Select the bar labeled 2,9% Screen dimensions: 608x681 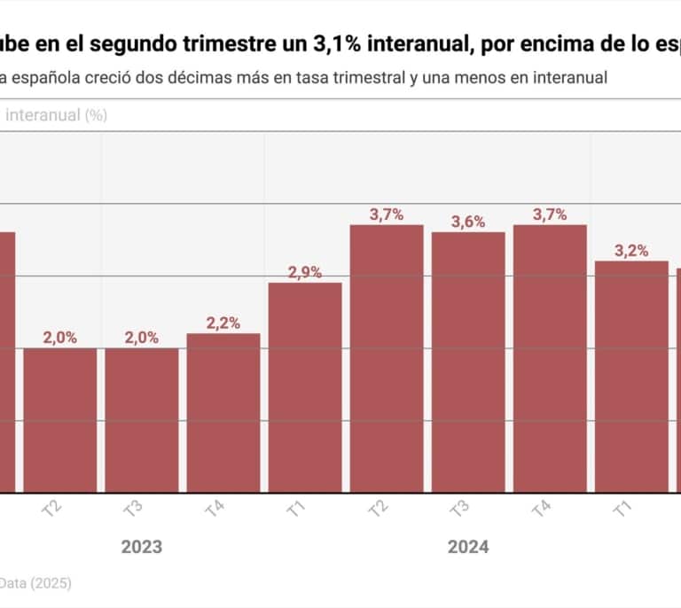coord(305,386)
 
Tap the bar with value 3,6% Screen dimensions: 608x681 coord(468,362)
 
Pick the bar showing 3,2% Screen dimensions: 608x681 coord(631,376)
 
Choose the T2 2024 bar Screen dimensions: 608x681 coord(387,358)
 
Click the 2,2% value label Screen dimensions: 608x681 coord(223,323)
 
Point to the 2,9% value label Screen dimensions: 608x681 coord(305,272)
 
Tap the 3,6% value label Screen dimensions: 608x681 coord(468,222)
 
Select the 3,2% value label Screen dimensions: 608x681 coord(631,251)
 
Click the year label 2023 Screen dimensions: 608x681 coord(142,547)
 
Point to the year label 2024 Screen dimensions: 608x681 coord(468,547)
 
